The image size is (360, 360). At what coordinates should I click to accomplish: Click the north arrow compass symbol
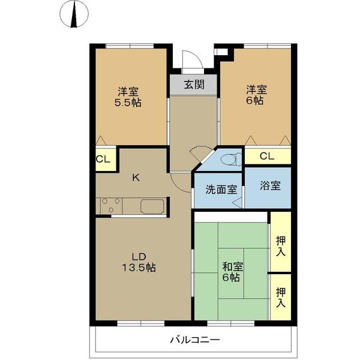75,16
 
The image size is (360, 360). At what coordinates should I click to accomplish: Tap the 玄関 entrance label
193,85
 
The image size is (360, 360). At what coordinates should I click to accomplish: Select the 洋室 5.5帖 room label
128,97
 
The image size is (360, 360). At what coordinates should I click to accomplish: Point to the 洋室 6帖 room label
256,96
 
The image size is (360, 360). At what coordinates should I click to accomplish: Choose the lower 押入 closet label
280,298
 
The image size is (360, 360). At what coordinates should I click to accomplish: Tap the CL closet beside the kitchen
103,160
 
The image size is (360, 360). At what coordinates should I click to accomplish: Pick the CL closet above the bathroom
267,156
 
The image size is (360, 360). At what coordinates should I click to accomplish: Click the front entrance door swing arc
190,62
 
